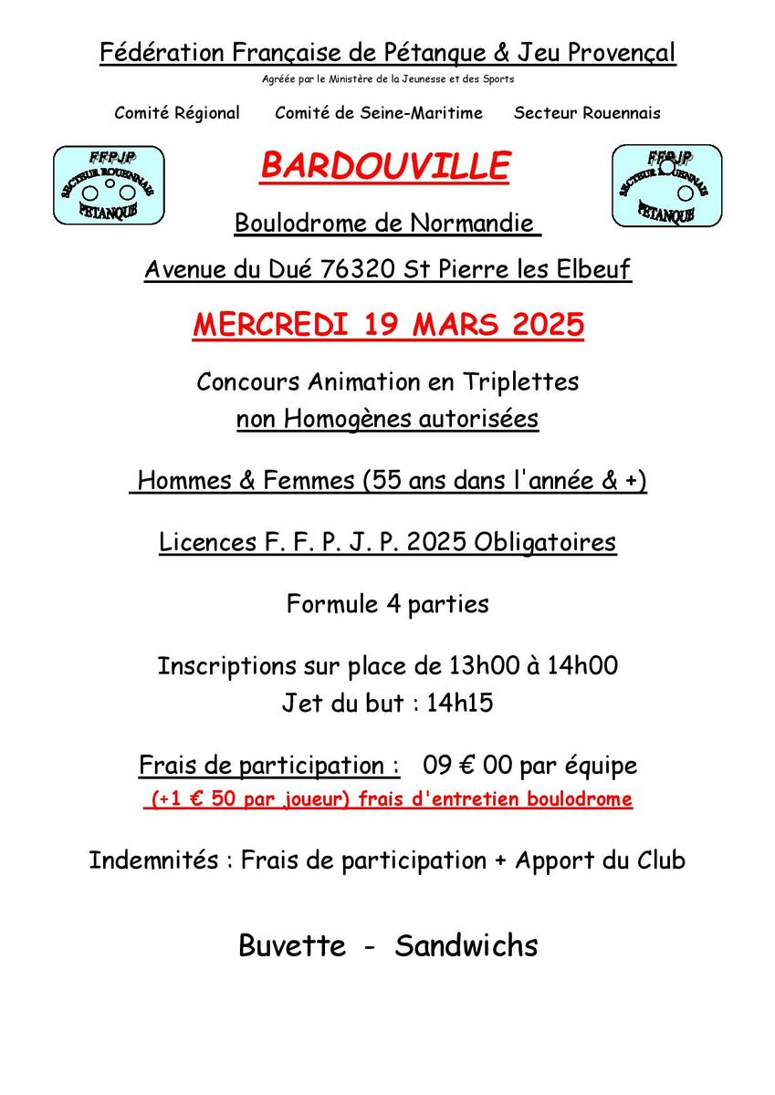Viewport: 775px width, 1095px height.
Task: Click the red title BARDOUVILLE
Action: pyautogui.click(x=385, y=166)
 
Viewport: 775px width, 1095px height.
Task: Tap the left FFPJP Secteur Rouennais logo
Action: pyautogui.click(x=110, y=185)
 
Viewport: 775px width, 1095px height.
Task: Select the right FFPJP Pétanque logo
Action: pyautogui.click(x=666, y=185)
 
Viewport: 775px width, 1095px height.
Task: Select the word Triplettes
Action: pyautogui.click(x=523, y=381)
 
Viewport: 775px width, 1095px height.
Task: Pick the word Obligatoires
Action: pyautogui.click(x=545, y=543)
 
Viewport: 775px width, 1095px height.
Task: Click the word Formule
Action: pyautogui.click(x=324, y=604)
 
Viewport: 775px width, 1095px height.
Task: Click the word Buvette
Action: pyautogui.click(x=292, y=945)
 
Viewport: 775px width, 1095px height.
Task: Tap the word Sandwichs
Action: pyautogui.click(x=466, y=945)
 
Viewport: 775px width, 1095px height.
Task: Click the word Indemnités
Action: pyautogui.click(x=153, y=860)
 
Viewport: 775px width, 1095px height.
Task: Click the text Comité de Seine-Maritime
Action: pyautogui.click(x=379, y=113)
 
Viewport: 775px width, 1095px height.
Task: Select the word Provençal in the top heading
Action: pyautogui.click(x=622, y=53)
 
